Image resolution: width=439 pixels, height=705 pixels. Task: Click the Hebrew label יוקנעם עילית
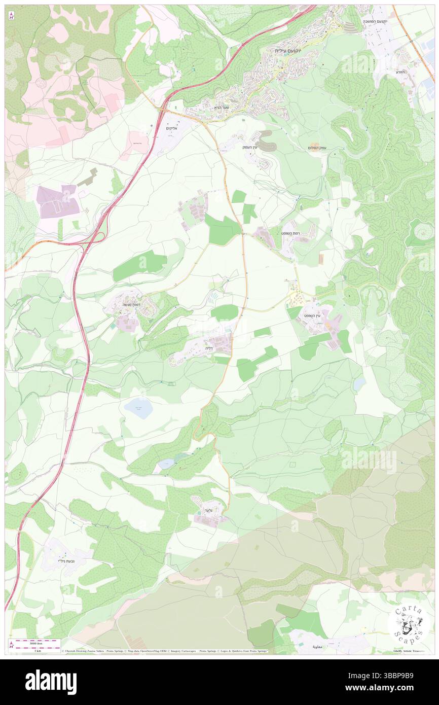click(287, 50)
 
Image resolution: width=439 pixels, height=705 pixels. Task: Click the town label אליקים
click(174, 128)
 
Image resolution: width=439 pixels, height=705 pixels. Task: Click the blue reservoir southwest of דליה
click(138, 408)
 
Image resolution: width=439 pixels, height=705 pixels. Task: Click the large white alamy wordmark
click(51, 682)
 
